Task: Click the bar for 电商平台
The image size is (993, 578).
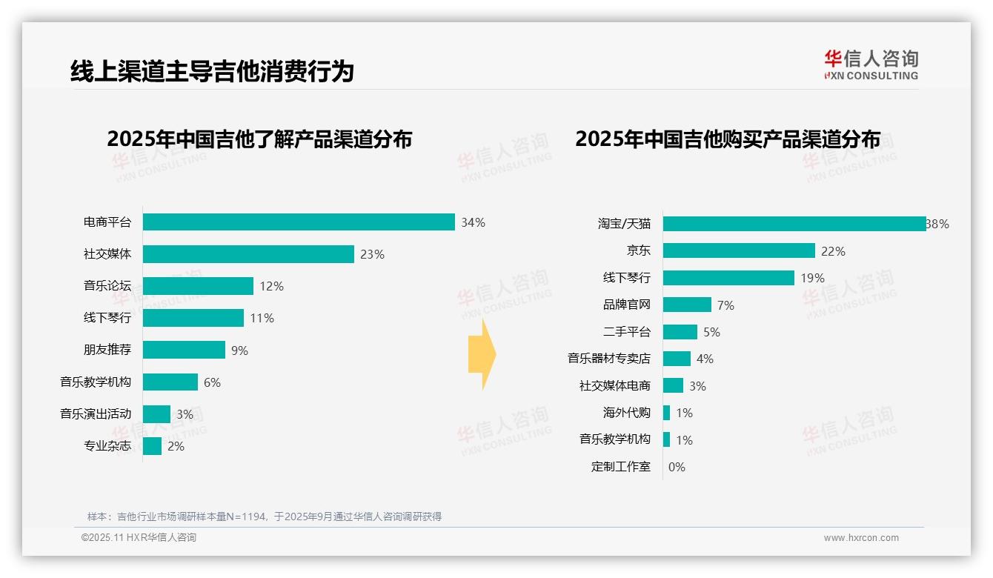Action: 299,222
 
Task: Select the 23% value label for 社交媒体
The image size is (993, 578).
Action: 372,254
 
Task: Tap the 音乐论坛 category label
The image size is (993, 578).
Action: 107,286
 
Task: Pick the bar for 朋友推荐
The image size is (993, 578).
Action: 184,350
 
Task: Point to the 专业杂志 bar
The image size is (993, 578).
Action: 152,446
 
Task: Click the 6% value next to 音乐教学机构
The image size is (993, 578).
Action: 212,382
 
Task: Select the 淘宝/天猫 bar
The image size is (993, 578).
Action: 794,224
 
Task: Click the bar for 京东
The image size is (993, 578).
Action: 739,251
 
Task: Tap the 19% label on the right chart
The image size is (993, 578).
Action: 812,279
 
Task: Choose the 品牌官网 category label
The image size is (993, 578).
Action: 626,305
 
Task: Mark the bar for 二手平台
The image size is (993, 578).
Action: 680,332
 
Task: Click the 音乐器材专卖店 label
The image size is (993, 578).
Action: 608,359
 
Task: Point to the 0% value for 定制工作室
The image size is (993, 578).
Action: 677,467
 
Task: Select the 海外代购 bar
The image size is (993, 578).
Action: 666,413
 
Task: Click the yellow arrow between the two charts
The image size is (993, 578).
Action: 482,354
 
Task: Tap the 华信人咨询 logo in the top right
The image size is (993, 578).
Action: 871,65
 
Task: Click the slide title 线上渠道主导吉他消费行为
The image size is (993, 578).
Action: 212,72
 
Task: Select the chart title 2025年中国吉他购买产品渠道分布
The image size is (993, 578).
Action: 728,139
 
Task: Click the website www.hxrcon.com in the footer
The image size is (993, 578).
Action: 860,538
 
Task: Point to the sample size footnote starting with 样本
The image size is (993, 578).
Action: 265,516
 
